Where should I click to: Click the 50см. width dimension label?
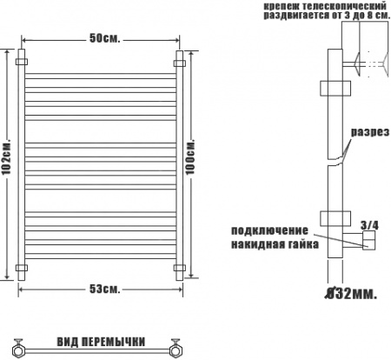point(104,38)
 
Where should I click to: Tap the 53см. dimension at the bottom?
point(104,289)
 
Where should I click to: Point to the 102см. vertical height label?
point(7,158)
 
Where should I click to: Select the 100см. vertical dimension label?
point(190,157)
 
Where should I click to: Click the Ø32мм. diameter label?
point(351,294)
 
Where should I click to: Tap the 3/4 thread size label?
point(369,224)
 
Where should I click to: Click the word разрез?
point(370,132)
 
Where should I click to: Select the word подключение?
point(269,230)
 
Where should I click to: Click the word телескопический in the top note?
point(344,6)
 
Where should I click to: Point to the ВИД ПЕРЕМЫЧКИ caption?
point(101,342)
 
